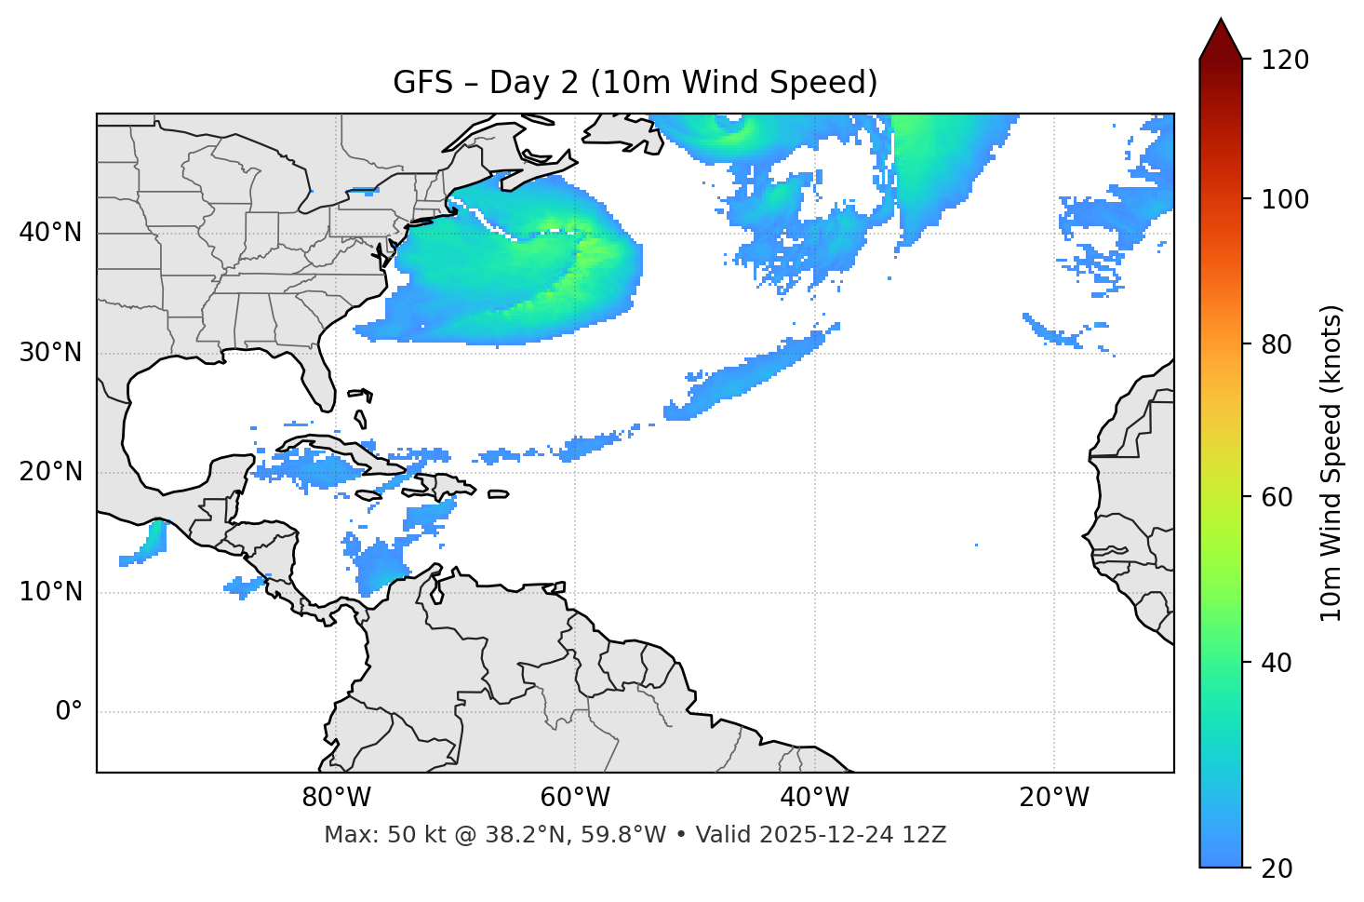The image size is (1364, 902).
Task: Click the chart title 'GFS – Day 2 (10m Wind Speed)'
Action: [635, 83]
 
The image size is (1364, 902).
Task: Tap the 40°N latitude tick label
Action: [50, 233]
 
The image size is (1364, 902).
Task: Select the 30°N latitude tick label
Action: [50, 353]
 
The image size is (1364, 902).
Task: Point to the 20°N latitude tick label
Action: [50, 472]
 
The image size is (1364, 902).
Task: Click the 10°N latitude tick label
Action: [50, 592]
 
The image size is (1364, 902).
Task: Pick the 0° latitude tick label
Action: [68, 712]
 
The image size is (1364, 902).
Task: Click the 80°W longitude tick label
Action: [336, 798]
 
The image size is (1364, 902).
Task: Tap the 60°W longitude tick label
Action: [575, 798]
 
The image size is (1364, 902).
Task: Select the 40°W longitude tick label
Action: [814, 798]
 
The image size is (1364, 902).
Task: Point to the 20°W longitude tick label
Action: [1053, 798]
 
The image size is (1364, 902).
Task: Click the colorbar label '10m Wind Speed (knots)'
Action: [1331, 463]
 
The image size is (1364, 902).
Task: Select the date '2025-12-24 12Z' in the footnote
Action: [852, 835]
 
